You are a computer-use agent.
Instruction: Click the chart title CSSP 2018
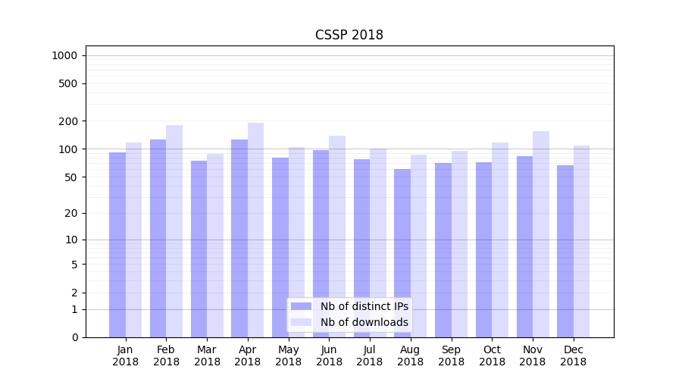point(349,35)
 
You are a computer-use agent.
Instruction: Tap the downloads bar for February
point(174,231)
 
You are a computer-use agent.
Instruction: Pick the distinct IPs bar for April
point(239,238)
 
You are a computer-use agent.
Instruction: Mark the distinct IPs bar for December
point(565,251)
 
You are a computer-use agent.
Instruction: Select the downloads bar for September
point(459,243)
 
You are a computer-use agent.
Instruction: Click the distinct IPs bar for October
point(483,249)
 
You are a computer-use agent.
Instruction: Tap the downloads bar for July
point(378,243)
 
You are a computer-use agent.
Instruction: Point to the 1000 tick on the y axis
point(64,55)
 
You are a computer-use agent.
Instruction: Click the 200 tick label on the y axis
point(68,121)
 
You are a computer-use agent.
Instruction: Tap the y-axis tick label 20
point(71,213)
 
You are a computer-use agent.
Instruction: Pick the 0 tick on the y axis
point(74,337)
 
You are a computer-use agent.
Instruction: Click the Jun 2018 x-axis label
point(329,356)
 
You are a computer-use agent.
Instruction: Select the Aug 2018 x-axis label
point(411,356)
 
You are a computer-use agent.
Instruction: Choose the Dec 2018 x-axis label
point(573,356)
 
